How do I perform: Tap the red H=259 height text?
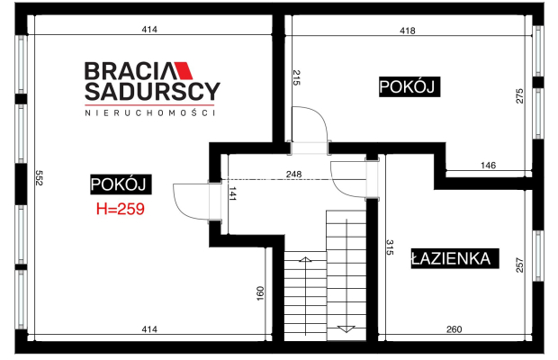(x=121, y=209)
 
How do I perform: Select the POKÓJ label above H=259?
(x=121, y=184)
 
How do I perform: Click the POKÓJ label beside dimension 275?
(x=409, y=86)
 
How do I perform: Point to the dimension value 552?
(x=39, y=177)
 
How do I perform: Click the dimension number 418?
(x=408, y=31)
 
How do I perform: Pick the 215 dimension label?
(x=296, y=77)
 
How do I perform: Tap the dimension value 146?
(x=488, y=165)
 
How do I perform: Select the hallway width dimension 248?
(x=294, y=175)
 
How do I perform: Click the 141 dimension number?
(x=232, y=193)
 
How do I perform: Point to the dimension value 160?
(x=260, y=293)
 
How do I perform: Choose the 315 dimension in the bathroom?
(x=390, y=247)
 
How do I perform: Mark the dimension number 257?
(x=520, y=265)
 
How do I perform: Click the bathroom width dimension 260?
(x=454, y=329)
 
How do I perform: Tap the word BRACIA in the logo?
(x=130, y=71)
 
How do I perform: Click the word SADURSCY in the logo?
(x=152, y=92)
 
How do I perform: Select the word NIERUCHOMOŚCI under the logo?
(x=149, y=112)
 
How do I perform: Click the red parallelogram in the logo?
(x=183, y=71)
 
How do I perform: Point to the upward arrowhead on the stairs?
(x=305, y=259)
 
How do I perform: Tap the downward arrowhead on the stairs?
(x=346, y=329)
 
